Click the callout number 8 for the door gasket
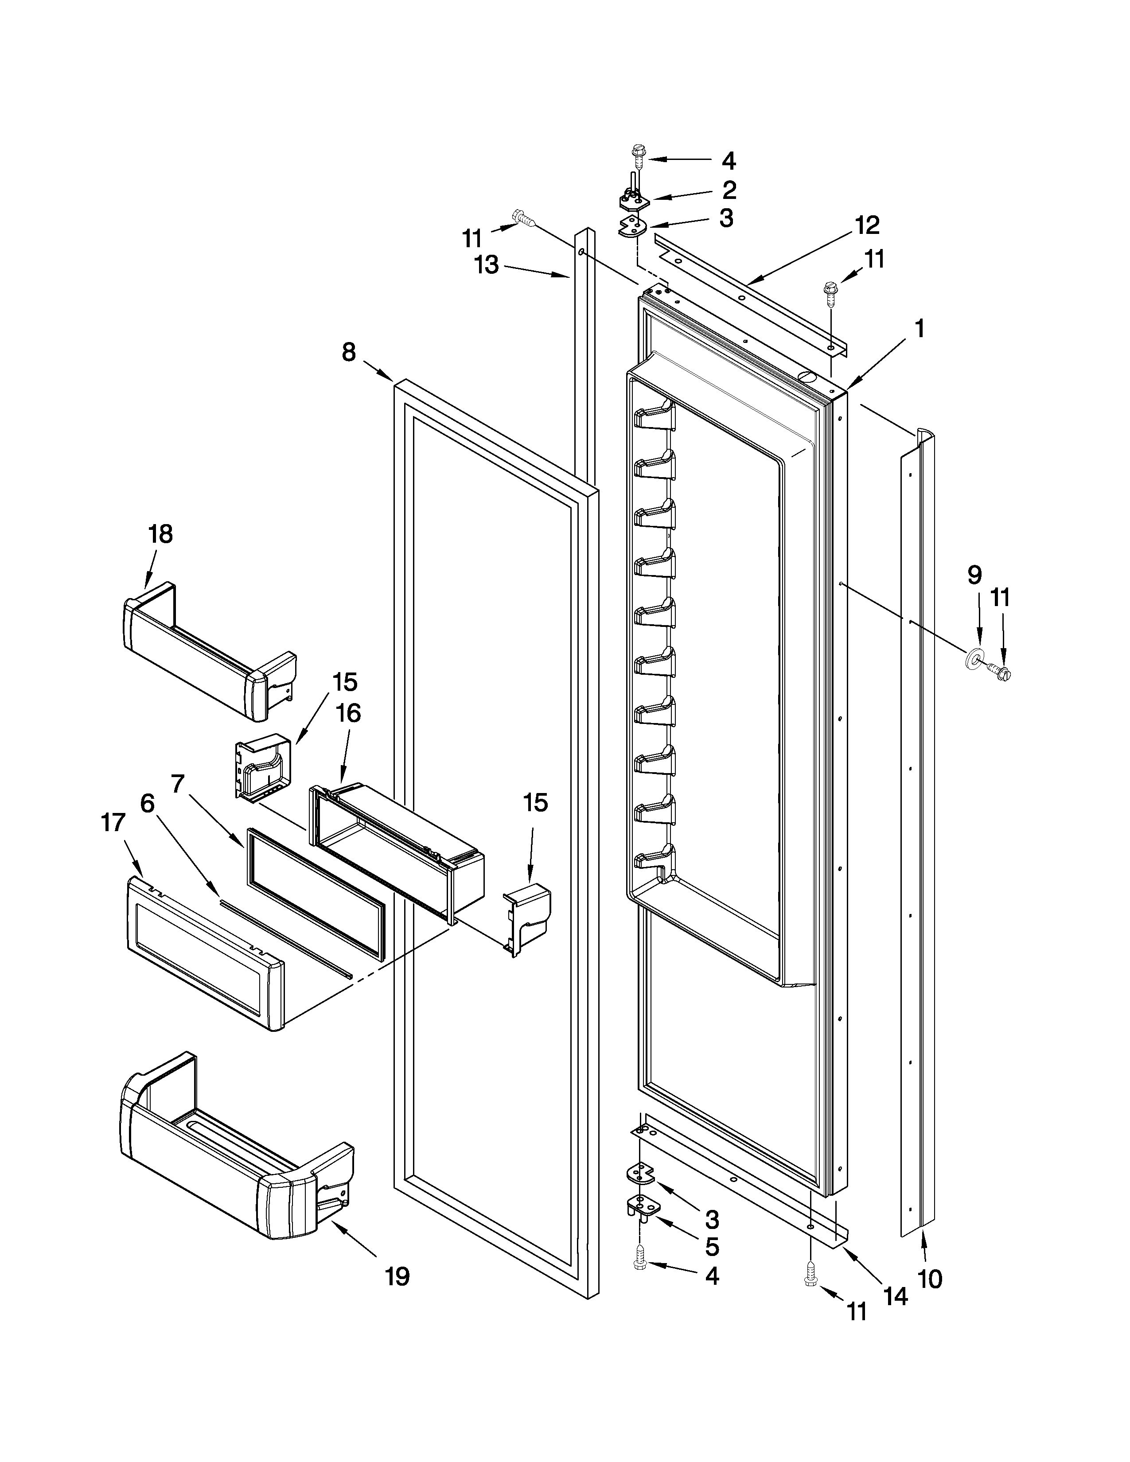tap(349, 352)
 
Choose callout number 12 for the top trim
tap(867, 225)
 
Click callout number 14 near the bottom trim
tap(896, 1297)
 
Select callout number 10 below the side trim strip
tap(930, 1279)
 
